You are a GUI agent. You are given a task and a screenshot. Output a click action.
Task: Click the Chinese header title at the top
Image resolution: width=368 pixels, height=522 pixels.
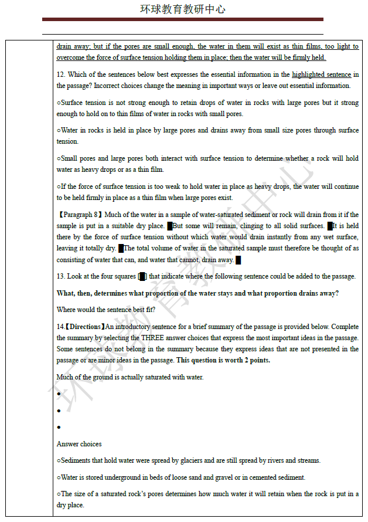point(183,9)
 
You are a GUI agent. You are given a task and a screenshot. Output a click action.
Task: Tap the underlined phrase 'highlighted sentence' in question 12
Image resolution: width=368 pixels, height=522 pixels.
point(321,74)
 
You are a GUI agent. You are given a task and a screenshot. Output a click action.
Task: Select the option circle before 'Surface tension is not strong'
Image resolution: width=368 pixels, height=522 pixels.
point(59,103)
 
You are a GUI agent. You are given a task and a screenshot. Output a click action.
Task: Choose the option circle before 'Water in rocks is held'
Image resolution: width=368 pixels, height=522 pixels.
point(59,130)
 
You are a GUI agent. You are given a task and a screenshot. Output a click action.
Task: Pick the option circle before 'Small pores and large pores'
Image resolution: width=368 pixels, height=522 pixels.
point(59,158)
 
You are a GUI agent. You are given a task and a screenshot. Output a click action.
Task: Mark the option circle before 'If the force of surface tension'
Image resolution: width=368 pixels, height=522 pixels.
point(59,187)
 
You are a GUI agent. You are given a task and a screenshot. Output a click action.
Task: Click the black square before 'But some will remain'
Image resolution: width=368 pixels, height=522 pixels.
point(170,226)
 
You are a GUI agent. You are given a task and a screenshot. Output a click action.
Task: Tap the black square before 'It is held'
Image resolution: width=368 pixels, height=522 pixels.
point(330,226)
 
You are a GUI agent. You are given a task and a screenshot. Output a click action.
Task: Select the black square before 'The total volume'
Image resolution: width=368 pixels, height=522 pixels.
point(121,249)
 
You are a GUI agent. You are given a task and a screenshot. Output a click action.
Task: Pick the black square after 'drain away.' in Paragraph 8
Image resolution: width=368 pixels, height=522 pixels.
point(238,260)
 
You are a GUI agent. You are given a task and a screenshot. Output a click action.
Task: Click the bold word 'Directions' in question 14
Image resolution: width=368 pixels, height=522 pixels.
point(85,327)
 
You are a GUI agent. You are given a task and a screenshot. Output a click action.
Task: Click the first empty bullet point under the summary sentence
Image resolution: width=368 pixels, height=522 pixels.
point(59,394)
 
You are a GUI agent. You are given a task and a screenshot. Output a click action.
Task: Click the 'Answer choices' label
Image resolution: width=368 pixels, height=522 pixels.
point(79,444)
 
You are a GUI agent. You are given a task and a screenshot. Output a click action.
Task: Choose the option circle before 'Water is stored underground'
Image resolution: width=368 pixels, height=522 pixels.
point(59,477)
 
